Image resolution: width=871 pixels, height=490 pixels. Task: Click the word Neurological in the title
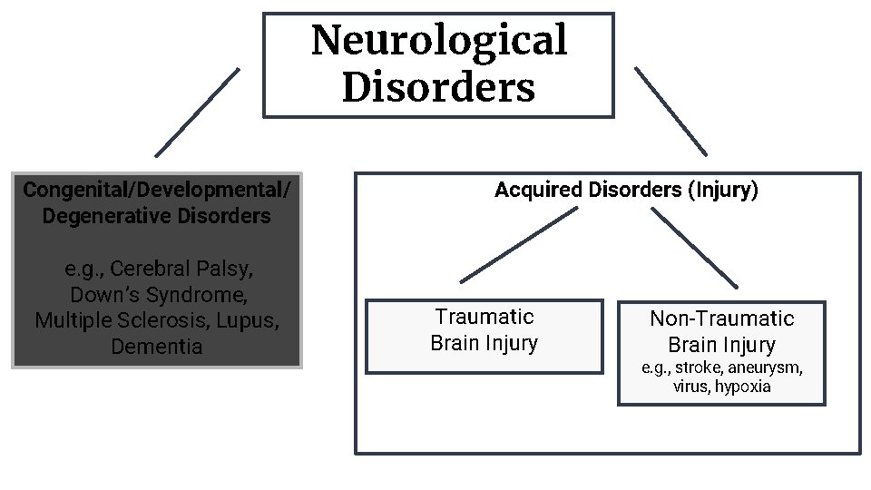[x=438, y=41]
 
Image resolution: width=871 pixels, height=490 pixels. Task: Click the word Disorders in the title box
[x=438, y=88]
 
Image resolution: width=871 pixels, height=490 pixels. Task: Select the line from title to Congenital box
[x=198, y=112]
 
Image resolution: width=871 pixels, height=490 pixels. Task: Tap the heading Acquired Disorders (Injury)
[x=626, y=191]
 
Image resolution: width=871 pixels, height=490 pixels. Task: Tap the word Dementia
[x=157, y=347]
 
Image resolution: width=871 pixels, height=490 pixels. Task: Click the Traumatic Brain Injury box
[x=484, y=336]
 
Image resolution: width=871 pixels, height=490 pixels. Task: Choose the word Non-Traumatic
[x=721, y=318]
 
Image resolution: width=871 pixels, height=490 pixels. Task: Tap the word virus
[x=691, y=387]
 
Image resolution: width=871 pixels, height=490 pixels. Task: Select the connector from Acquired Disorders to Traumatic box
[x=519, y=245]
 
